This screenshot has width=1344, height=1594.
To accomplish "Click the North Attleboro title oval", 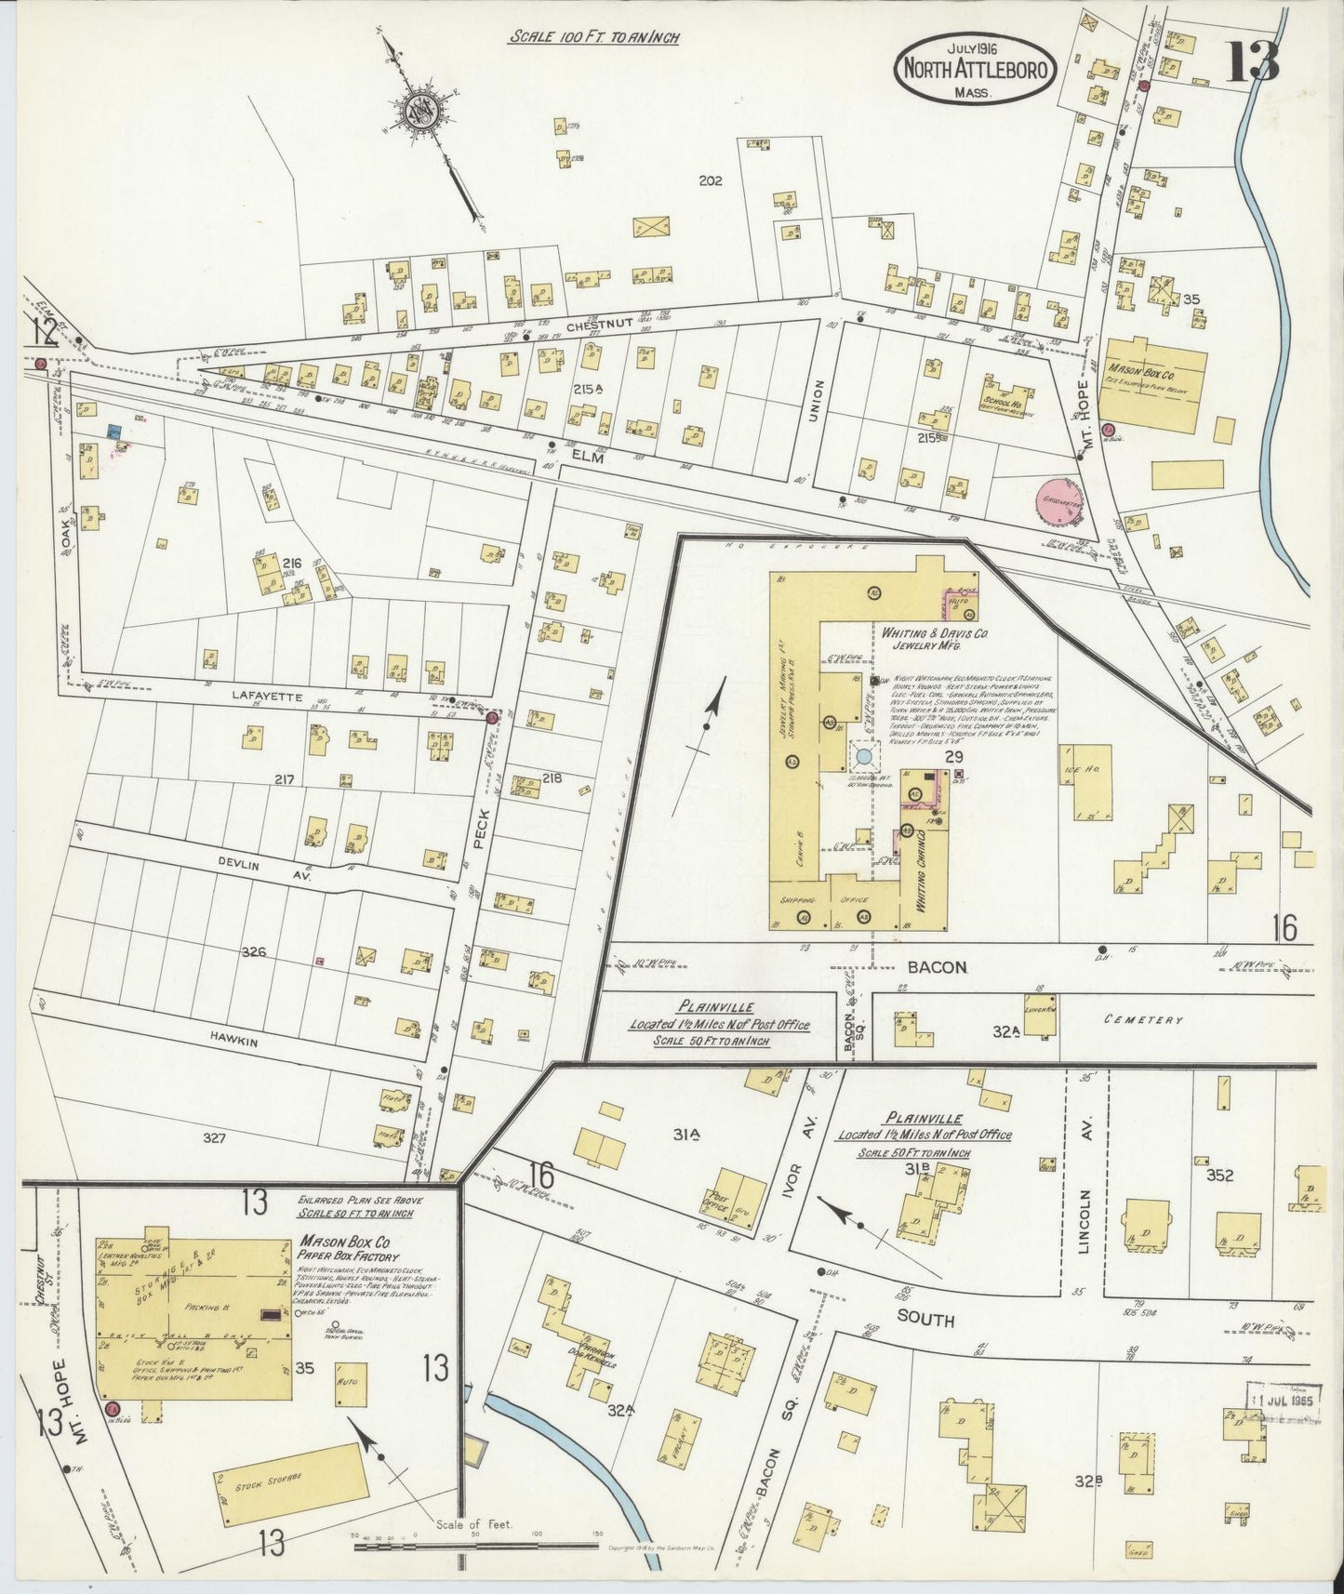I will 975,69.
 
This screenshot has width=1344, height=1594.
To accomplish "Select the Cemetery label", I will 1142,1019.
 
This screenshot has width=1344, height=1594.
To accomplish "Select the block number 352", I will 1218,1176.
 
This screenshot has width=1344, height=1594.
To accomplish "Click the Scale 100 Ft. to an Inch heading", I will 593,38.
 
